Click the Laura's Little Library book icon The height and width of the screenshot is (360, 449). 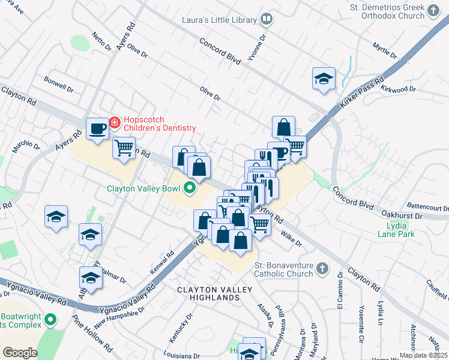[x=266, y=20]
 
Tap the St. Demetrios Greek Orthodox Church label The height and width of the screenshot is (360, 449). [x=396, y=12]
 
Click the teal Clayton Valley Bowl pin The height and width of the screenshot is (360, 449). [x=190, y=188]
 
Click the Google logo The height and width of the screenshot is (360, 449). [x=20, y=353]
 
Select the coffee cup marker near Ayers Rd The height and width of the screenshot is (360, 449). [x=97, y=128]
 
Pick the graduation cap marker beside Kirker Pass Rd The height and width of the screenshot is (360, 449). [x=324, y=79]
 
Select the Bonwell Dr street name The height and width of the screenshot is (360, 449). [x=59, y=84]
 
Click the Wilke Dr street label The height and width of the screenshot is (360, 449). [x=291, y=240]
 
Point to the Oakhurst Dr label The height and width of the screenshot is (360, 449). [x=418, y=217]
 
